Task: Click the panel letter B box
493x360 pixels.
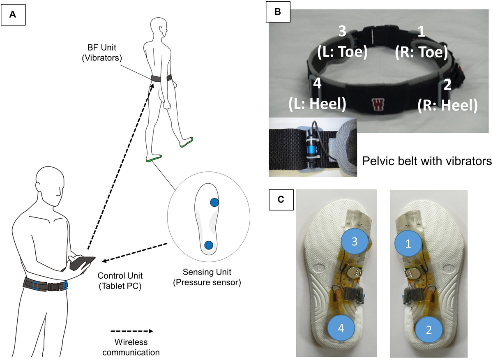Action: click(x=278, y=12)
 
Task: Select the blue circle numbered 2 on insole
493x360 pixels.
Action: click(x=428, y=330)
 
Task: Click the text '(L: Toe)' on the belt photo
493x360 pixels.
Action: click(x=342, y=53)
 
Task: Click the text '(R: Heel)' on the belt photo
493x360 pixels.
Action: click(x=447, y=105)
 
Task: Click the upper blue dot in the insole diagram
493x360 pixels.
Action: click(x=214, y=202)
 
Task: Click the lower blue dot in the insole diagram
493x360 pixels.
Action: click(x=209, y=245)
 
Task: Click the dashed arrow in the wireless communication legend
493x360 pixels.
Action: click(x=131, y=331)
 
